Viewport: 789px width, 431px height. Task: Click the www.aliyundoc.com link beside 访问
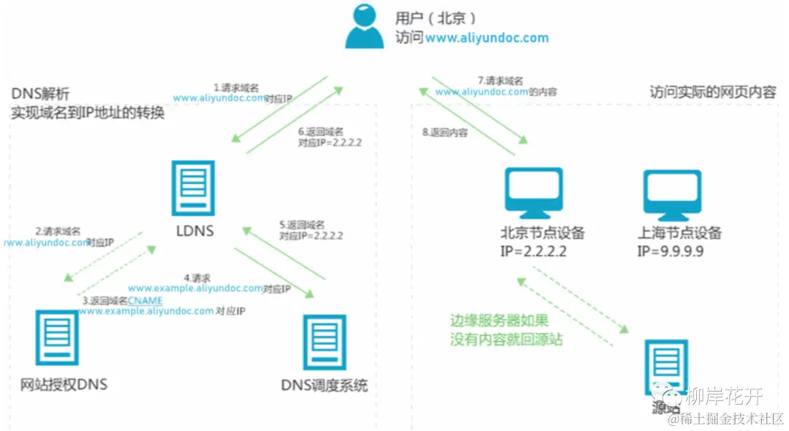[x=487, y=37]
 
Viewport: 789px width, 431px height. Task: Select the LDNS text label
[x=194, y=232]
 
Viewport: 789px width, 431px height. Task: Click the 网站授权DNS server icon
[x=58, y=337]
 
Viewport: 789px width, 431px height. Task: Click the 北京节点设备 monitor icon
[x=535, y=194]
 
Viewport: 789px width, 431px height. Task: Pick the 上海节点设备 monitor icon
[x=672, y=194]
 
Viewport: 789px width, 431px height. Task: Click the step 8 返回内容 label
[x=445, y=133]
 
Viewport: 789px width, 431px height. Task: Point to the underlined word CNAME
[x=145, y=300]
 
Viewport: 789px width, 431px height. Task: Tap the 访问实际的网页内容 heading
[x=712, y=93]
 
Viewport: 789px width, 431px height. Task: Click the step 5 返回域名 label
[x=302, y=225]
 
